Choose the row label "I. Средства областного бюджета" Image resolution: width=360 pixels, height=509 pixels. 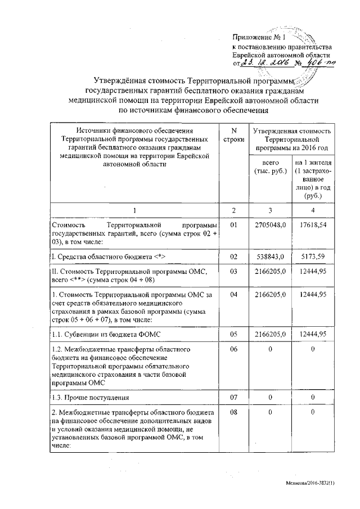tap(107, 256)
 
